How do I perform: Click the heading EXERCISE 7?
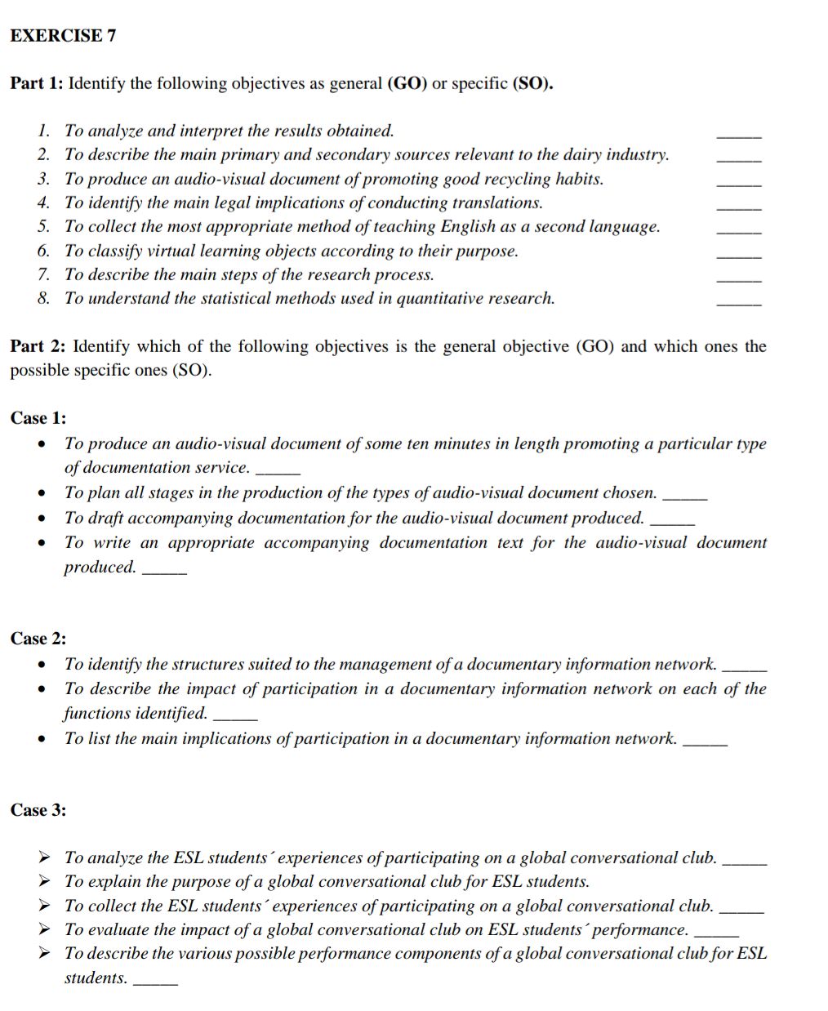click(63, 36)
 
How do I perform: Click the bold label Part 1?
click(38, 83)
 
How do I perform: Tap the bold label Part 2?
click(38, 346)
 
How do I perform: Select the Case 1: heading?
click(38, 418)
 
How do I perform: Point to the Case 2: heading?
click(38, 639)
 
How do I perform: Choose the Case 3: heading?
click(38, 810)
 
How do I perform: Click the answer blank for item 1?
click(738, 134)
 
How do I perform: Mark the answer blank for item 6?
click(738, 255)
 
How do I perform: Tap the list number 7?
click(43, 274)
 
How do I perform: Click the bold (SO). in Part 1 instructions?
click(532, 83)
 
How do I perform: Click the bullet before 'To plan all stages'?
click(41, 493)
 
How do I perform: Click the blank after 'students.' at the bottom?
click(155, 982)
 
